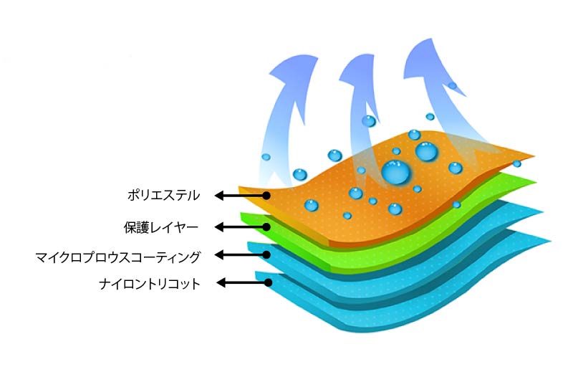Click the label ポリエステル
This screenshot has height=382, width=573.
pos(164,194)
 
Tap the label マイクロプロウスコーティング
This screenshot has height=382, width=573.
pos(118,256)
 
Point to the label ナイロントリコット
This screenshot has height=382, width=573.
pos(150,284)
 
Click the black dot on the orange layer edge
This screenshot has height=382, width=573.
pos(266,195)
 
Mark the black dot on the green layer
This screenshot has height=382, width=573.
pos(266,227)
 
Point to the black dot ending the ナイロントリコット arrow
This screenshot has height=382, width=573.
pos(268,283)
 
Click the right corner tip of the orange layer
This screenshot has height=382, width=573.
pos(533,156)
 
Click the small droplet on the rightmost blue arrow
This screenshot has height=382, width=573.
pos(452,86)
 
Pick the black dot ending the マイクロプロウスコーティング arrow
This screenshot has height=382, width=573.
pos(266,254)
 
